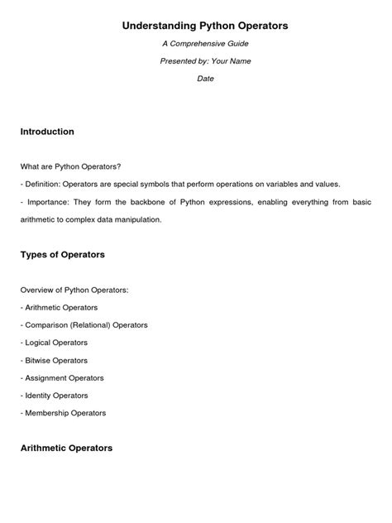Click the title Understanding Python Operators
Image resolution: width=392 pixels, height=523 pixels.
205,26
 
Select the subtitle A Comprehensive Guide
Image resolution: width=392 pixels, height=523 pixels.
205,44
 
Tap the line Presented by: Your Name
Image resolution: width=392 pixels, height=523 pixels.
205,61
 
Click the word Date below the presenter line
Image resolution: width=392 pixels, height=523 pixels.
205,79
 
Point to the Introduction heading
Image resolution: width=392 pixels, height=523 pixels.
47,132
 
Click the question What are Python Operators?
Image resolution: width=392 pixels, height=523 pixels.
70,166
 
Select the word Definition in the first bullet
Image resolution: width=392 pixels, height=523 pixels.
46,184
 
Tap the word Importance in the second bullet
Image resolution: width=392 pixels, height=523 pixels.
50,202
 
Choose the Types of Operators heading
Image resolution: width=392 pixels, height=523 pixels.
62,255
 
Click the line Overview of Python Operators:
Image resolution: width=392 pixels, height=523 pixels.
74,290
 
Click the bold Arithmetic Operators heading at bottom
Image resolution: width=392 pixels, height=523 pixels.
66,448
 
